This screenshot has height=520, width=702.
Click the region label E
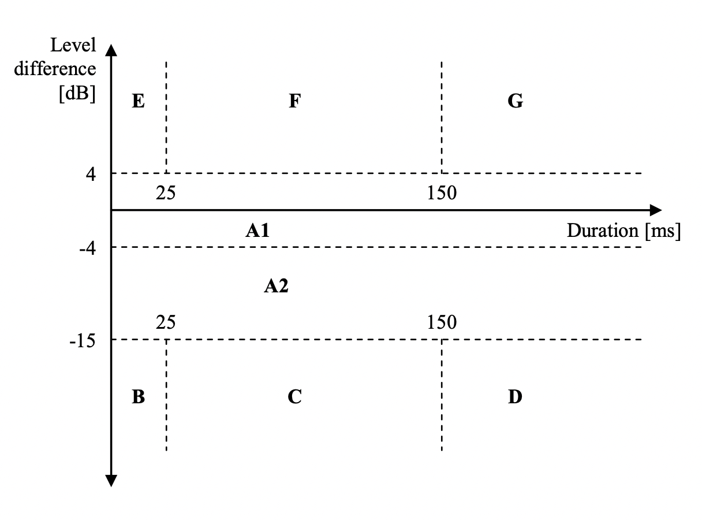(138, 102)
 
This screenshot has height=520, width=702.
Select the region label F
(294, 102)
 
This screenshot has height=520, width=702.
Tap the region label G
(515, 102)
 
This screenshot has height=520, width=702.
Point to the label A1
(257, 232)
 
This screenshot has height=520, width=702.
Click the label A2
(276, 285)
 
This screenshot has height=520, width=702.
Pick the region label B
(138, 398)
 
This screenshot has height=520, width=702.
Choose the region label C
(294, 398)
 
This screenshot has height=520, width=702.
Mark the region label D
(515, 398)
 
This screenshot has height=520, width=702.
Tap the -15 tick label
(83, 340)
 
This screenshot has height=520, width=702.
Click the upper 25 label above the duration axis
(166, 193)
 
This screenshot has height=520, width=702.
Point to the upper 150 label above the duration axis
(442, 193)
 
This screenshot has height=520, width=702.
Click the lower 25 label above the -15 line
(166, 322)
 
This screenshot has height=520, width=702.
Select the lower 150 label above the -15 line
(442, 322)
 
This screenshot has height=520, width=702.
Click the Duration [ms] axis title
(623, 231)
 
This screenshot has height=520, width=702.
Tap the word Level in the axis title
(73, 44)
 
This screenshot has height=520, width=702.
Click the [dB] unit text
(77, 93)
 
